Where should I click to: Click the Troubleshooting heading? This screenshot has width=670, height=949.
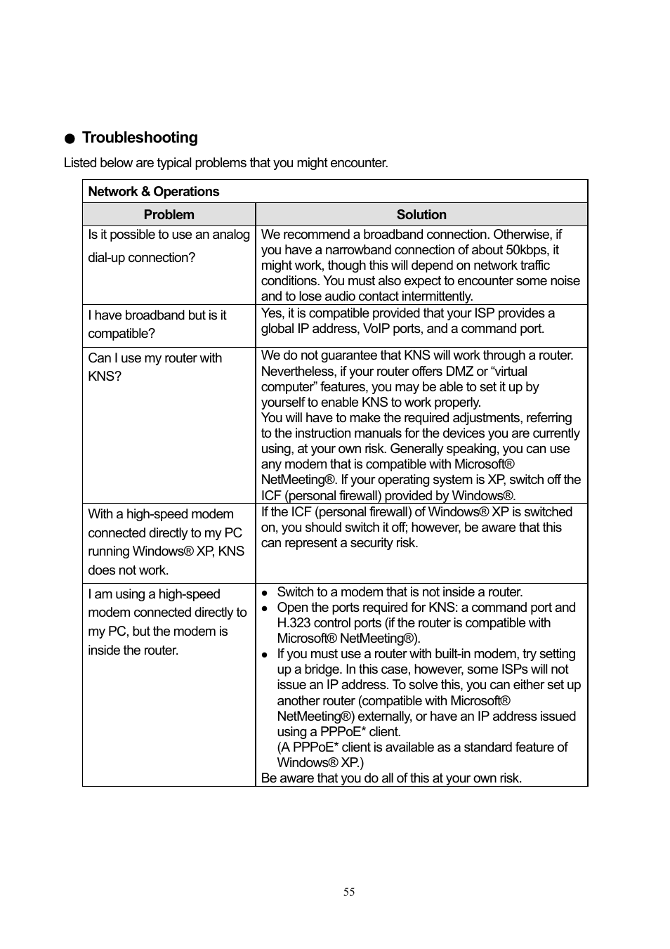140,138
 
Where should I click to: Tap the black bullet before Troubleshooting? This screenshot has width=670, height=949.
70,139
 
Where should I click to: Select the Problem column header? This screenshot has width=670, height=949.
169,214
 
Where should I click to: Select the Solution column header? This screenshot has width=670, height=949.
421,214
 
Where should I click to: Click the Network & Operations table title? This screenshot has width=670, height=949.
153,192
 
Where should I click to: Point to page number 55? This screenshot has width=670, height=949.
349,892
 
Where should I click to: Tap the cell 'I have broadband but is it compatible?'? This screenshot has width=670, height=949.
157,325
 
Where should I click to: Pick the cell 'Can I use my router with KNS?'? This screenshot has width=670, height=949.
155,367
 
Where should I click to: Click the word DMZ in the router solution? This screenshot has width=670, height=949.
459,372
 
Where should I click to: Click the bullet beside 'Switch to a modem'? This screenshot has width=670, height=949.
265,593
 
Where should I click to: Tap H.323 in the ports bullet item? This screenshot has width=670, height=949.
295,623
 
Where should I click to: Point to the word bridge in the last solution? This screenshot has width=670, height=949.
324,669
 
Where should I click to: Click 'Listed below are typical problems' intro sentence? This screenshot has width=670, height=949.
225,163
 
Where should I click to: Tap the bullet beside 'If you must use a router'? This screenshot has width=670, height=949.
265,655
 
